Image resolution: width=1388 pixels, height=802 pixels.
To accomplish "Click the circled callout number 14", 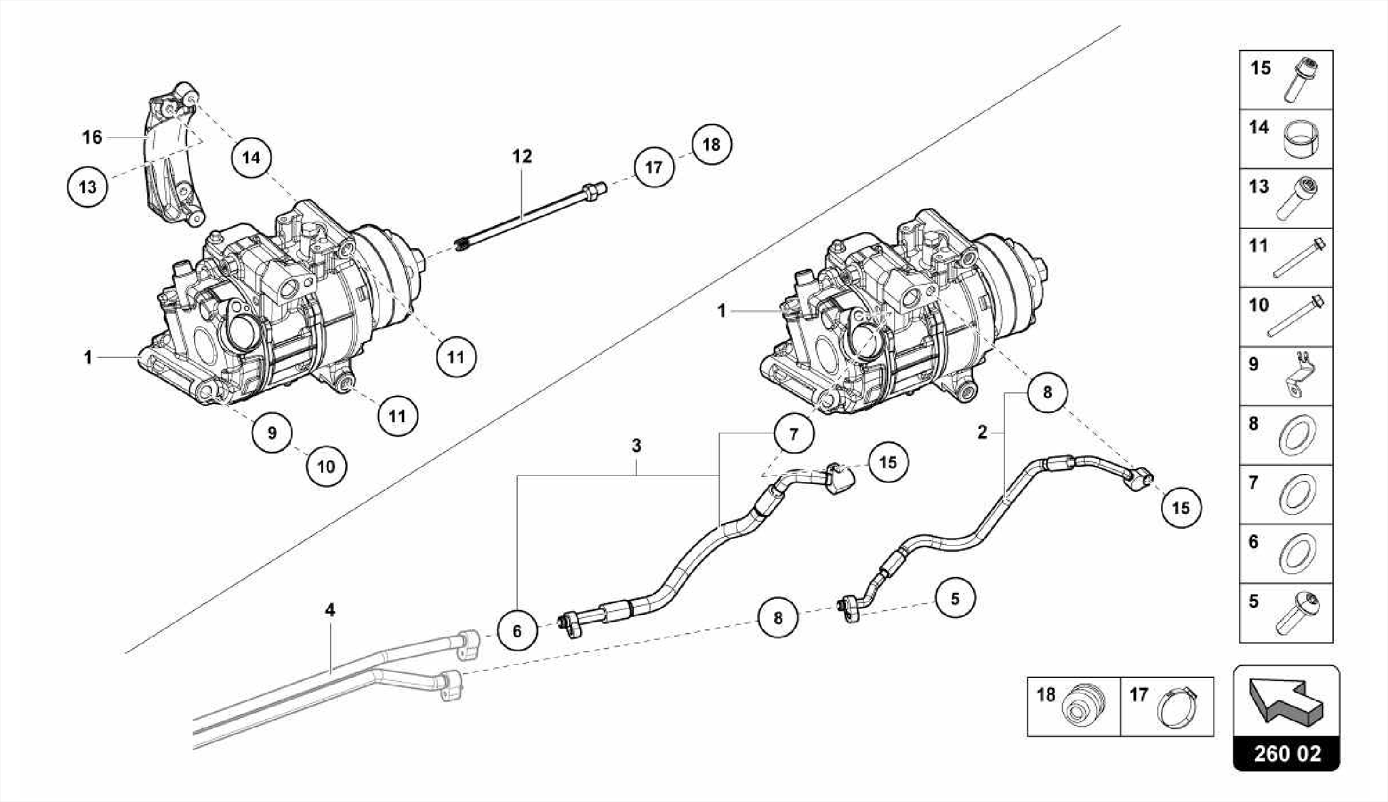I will pyautogui.click(x=251, y=158).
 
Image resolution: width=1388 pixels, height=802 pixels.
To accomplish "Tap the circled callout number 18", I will pyautogui.click(x=712, y=144).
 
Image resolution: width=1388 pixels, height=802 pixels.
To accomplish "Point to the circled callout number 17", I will pyautogui.click(x=654, y=167).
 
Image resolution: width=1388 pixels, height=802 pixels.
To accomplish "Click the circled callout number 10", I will pyautogui.click(x=326, y=466).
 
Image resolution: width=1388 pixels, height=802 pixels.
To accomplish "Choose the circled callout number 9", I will pyautogui.click(x=272, y=432).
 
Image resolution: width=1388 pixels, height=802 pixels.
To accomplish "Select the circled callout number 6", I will pyautogui.click(x=517, y=631).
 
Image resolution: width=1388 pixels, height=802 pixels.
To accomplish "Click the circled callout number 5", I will pyautogui.click(x=955, y=599).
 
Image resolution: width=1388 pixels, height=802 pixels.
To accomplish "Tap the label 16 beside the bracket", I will pyautogui.click(x=92, y=138).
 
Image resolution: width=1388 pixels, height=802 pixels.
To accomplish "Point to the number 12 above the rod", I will pyautogui.click(x=522, y=157).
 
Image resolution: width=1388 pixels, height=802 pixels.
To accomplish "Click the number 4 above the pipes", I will pyautogui.click(x=330, y=609).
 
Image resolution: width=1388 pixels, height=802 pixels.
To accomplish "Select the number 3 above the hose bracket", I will pyautogui.click(x=636, y=446).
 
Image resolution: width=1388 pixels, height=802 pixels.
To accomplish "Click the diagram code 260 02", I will pyautogui.click(x=1286, y=754).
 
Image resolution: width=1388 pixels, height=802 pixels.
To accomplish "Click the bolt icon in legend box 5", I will pyautogui.click(x=1297, y=614).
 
